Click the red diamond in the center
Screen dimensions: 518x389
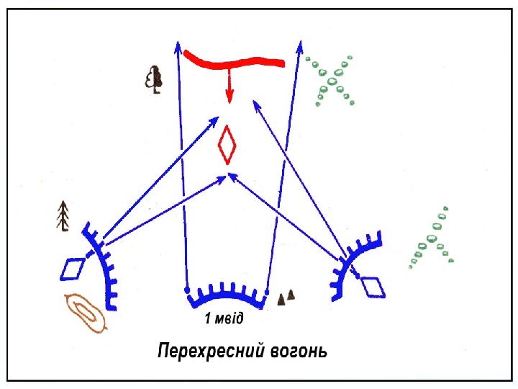[x=228, y=146]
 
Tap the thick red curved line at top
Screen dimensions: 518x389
[x=234, y=59]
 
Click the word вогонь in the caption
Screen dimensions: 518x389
[x=295, y=352]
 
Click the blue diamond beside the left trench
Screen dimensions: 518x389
[x=72, y=269]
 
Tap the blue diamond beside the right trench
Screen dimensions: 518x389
[x=373, y=286]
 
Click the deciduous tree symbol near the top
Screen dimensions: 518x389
[x=154, y=79]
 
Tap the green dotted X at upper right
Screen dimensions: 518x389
[x=332, y=81]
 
